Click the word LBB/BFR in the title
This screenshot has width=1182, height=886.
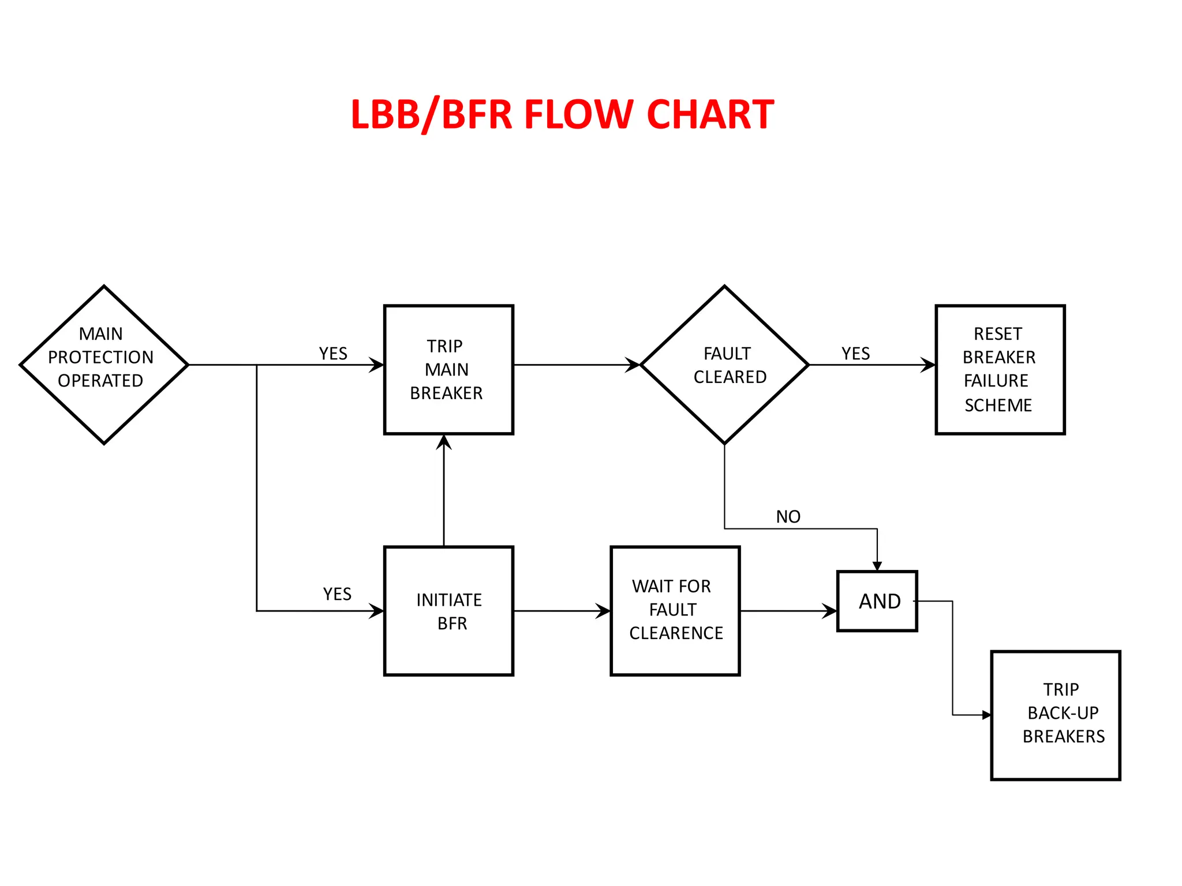click(x=431, y=114)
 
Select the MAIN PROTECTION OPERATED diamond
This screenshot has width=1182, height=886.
click(x=104, y=365)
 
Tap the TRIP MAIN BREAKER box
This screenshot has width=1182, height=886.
click(x=448, y=369)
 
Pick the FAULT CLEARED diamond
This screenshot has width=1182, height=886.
click(x=724, y=365)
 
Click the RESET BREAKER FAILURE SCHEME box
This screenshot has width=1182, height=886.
click(x=1000, y=369)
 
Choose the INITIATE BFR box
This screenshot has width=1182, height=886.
click(x=448, y=610)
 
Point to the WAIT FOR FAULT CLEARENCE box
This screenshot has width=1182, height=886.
click(x=675, y=610)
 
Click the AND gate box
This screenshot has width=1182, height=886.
click(x=877, y=601)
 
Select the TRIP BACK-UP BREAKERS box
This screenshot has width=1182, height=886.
click(x=1055, y=715)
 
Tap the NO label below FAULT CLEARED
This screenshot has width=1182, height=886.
click(x=788, y=517)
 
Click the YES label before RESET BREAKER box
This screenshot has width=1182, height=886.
click(x=855, y=354)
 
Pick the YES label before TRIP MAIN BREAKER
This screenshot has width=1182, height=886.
click(x=333, y=354)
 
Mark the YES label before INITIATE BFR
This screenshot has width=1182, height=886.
click(x=337, y=594)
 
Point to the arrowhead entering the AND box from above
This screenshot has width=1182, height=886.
click(x=877, y=566)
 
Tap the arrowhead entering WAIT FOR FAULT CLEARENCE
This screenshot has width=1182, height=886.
click(x=604, y=611)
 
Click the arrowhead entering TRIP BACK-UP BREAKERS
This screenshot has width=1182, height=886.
click(x=986, y=715)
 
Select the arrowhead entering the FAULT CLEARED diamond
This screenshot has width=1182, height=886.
click(x=634, y=365)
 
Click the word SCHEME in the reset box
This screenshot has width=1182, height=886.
click(x=998, y=406)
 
